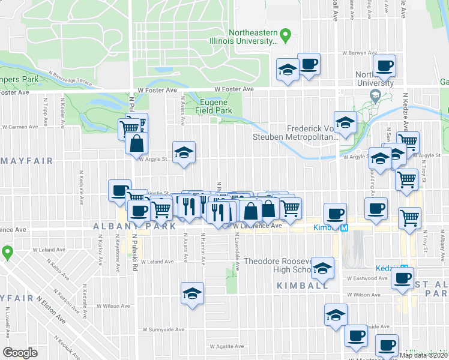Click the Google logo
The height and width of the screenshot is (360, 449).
point(20,352)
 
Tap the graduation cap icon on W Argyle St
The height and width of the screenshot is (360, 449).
point(184,151)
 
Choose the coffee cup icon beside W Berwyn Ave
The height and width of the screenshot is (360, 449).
point(384,65)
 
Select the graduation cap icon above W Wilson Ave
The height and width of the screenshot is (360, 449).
point(192,293)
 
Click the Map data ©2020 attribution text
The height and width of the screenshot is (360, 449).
point(423,355)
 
